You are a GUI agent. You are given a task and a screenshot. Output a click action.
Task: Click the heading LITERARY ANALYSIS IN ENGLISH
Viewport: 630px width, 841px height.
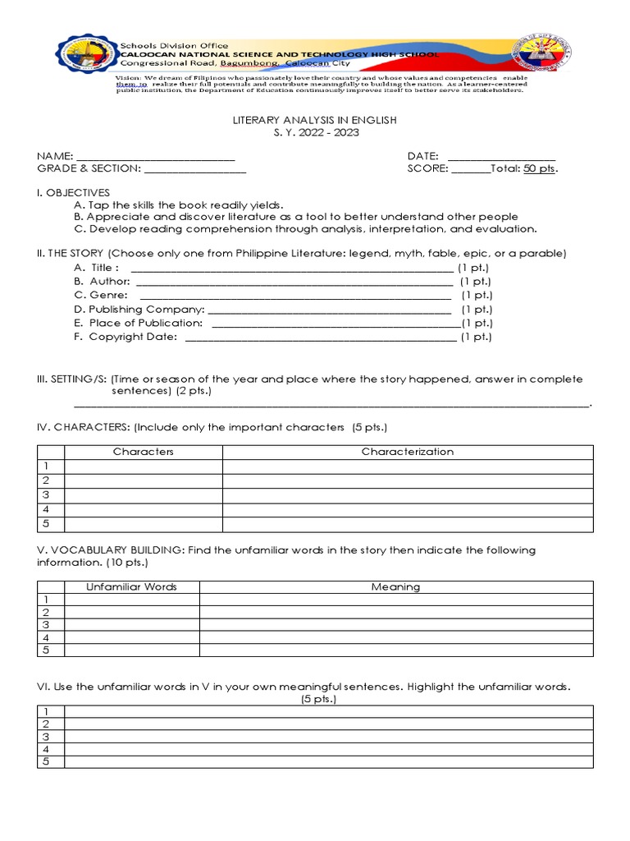(315, 120)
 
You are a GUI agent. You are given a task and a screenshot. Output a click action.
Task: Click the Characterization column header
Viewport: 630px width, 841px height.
(407, 452)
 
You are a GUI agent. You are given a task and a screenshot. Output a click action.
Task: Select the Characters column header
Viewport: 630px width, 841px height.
(144, 452)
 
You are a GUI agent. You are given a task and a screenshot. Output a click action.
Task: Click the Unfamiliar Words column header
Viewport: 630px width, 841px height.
(131, 587)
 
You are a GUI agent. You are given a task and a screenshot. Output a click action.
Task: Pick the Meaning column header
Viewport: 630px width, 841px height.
(395, 587)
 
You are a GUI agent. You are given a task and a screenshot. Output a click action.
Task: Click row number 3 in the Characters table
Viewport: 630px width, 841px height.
(47, 495)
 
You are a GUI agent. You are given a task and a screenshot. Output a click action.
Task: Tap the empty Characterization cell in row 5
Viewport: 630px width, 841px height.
(407, 524)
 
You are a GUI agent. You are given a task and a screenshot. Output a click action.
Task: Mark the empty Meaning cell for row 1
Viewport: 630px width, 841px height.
(395, 600)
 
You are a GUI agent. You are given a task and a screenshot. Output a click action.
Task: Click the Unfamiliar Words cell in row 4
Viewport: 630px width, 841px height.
(131, 637)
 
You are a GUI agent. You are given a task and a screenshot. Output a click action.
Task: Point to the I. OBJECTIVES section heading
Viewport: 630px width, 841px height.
(73, 192)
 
